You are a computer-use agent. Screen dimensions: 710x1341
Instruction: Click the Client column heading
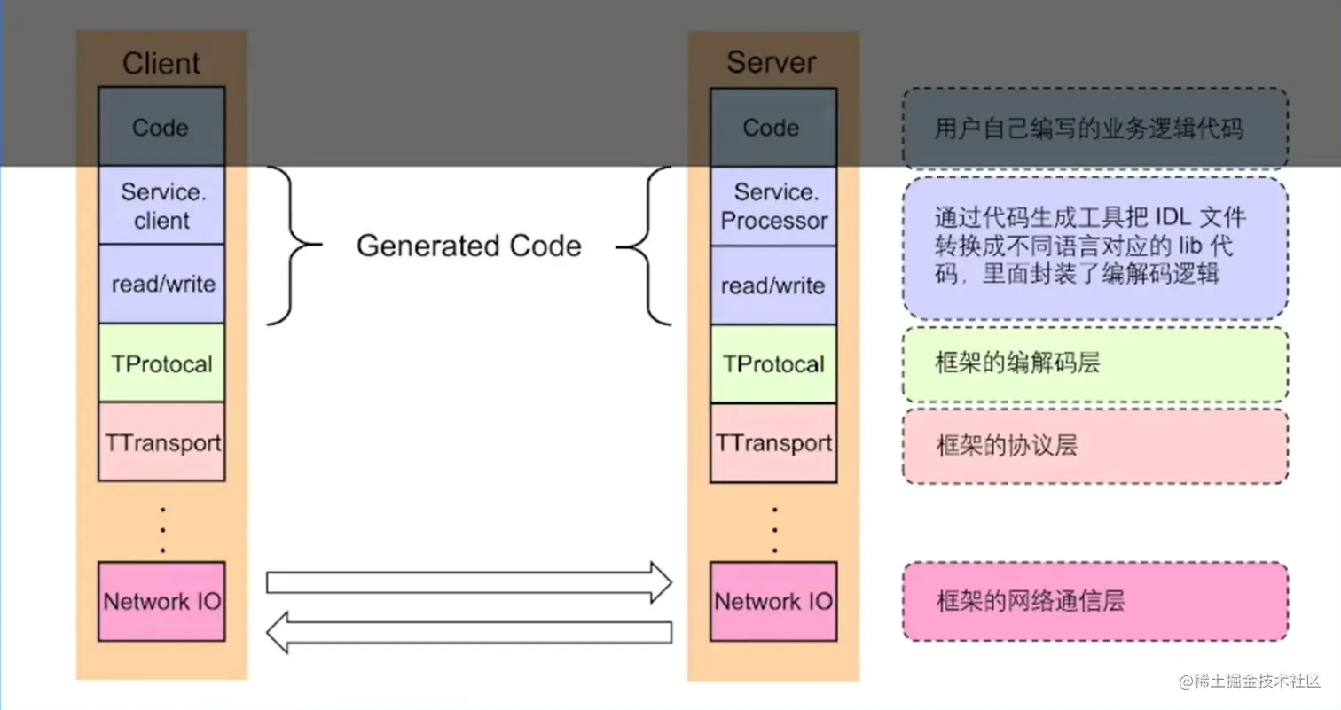coord(161,64)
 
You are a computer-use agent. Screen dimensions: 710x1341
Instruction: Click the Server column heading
coord(771,62)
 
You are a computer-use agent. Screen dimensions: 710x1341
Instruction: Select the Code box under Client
coord(161,127)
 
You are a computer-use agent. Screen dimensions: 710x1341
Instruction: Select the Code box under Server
coord(772,127)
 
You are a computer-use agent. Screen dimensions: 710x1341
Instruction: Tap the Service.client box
coord(161,206)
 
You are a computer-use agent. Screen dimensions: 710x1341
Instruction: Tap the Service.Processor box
coord(772,206)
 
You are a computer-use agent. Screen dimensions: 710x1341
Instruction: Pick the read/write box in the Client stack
coord(161,285)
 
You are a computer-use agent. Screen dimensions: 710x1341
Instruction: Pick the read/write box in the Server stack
coord(772,285)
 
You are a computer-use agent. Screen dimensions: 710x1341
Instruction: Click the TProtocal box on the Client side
coord(161,363)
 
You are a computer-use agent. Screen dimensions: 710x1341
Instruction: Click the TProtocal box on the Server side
coord(772,363)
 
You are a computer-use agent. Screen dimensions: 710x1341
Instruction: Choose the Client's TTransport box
coord(161,442)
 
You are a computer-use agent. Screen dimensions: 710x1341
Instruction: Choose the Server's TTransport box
coord(772,442)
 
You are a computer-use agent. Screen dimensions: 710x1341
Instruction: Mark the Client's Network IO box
coord(161,601)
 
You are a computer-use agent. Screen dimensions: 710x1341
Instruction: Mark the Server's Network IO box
coord(772,601)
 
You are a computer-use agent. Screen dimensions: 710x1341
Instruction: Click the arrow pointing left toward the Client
coord(469,632)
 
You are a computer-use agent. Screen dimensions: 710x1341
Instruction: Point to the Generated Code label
coord(468,246)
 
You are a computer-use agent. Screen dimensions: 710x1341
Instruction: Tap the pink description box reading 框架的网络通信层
coord(1094,601)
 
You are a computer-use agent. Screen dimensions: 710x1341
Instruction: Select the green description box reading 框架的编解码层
coord(1094,363)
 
